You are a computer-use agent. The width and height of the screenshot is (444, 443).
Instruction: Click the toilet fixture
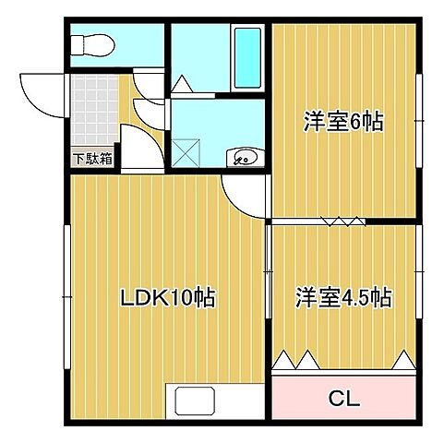(x=91, y=42)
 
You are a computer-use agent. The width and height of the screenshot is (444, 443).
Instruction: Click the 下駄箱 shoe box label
(x=92, y=158)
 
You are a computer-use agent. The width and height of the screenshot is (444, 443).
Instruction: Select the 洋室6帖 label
(x=343, y=121)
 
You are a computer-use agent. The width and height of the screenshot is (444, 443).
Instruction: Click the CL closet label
(x=344, y=400)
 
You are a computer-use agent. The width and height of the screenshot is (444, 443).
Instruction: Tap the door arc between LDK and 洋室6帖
(x=242, y=196)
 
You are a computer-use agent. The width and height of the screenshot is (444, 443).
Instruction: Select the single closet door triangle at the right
(x=402, y=359)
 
